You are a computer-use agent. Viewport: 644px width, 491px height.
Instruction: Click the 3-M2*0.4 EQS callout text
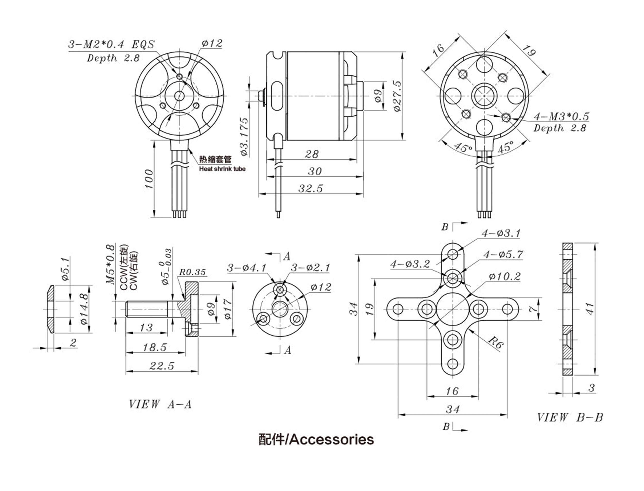coord(111,45)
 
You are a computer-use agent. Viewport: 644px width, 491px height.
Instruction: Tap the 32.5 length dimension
coord(311,189)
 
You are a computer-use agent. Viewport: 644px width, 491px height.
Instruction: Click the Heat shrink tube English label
coord(222,169)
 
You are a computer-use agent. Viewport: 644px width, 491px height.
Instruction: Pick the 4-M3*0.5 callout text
coord(561,117)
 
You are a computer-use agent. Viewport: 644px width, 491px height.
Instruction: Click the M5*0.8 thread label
coord(110,264)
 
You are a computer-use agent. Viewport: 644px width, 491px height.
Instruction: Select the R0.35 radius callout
coord(192,272)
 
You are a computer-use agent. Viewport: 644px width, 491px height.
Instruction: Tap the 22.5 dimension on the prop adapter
coord(162,366)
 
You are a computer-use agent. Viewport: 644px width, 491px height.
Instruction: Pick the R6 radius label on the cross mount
coord(496,342)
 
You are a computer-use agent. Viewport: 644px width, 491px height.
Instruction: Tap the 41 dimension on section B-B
coord(590,309)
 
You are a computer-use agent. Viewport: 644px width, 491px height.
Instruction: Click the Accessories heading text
coord(316,447)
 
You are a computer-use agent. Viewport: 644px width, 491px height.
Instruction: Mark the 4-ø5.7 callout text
coord(503,255)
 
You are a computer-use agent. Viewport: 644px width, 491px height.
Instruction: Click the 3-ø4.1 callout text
coord(247,268)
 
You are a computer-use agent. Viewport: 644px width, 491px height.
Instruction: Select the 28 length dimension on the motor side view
coord(311,154)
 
